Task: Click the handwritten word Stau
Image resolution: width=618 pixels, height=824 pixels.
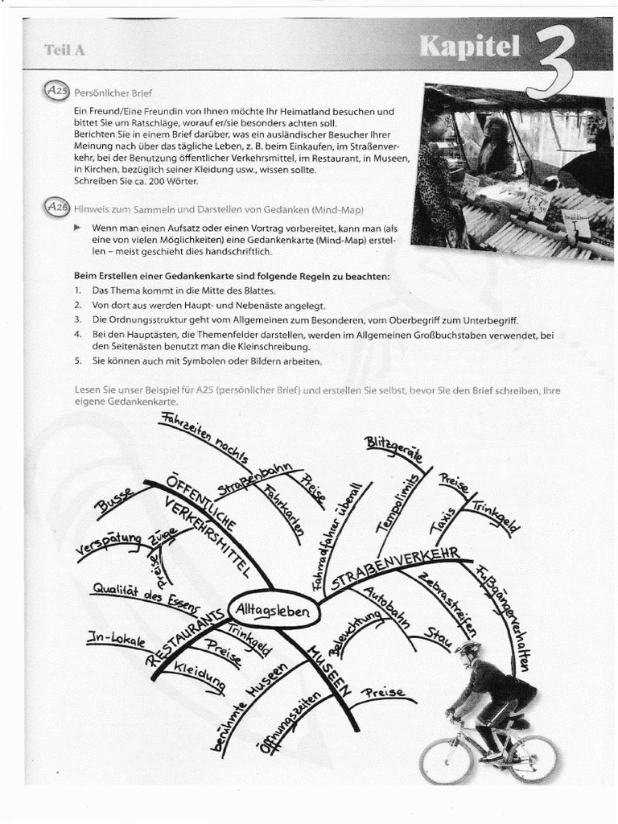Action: click(440, 641)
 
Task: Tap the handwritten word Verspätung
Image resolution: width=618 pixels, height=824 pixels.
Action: click(107, 544)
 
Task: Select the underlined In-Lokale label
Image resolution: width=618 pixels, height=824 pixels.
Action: click(116, 640)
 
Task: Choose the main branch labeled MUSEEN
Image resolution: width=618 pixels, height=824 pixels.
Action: click(328, 667)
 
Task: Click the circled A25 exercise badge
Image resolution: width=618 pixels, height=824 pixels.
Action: click(58, 91)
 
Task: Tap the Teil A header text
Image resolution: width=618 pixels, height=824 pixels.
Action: click(64, 50)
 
